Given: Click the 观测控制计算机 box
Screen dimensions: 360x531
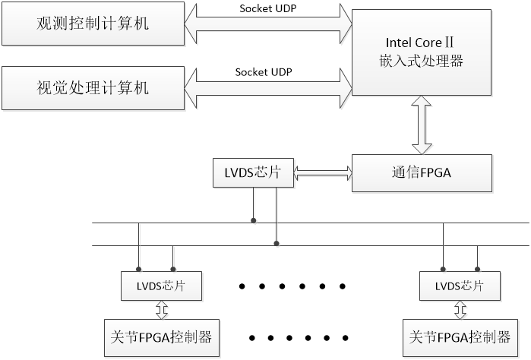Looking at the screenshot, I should (93, 24).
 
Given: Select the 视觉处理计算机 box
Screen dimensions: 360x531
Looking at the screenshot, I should (93, 88).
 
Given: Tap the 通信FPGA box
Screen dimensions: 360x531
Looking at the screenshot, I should (422, 172).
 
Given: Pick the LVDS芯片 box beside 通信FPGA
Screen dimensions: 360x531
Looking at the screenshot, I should (253, 173).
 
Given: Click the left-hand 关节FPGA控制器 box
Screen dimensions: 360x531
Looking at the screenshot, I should (157, 336).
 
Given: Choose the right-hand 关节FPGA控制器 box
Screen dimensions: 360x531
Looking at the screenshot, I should (459, 336).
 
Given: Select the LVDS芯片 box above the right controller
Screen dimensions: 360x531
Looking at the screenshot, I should (459, 286).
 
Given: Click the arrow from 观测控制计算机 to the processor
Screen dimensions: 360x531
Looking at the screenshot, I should (268, 24).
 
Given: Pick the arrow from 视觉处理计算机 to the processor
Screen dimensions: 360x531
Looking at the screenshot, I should (268, 88).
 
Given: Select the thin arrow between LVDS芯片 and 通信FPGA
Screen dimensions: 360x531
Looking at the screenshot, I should (323, 174).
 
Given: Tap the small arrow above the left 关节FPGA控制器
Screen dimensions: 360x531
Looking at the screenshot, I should (162, 310).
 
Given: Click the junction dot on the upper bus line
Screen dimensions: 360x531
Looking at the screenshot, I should (254, 222).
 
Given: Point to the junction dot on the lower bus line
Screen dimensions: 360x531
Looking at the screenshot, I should (277, 245).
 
